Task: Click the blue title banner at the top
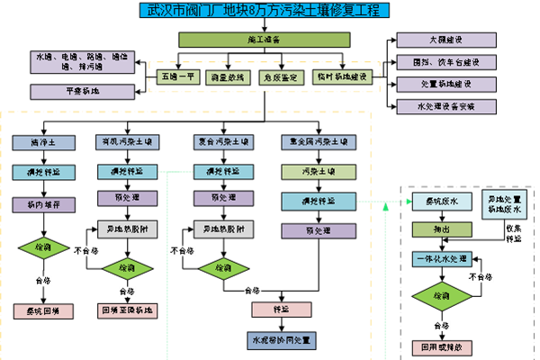pyautogui.click(x=266, y=10)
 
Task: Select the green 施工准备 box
pyautogui.click(x=264, y=40)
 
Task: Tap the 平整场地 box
pyautogui.click(x=69, y=92)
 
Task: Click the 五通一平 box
pyautogui.click(x=179, y=77)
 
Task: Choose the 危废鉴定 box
pyautogui.click(x=278, y=77)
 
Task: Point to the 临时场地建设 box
pyautogui.click(x=342, y=77)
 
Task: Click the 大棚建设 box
pyautogui.click(x=446, y=40)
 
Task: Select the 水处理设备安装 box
pyautogui.click(x=446, y=106)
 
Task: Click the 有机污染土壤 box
pyautogui.click(x=128, y=142)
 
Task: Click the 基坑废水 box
pyautogui.click(x=442, y=202)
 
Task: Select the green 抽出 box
pyautogui.click(x=442, y=230)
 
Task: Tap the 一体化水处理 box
pyautogui.click(x=442, y=259)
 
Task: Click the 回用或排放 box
pyautogui.click(x=442, y=346)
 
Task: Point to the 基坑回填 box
pyautogui.click(x=43, y=311)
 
